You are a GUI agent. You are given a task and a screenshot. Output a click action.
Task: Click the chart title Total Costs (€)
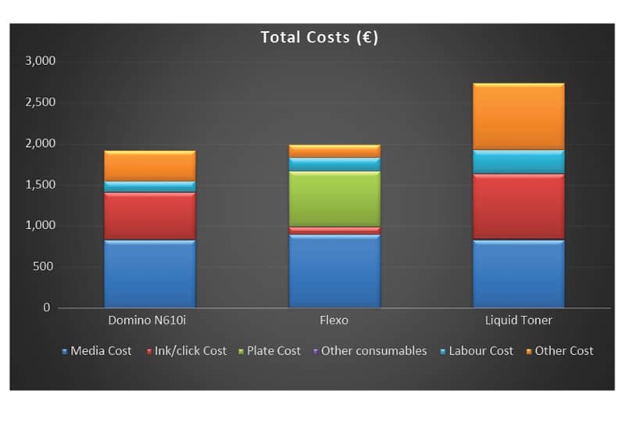[x=319, y=38]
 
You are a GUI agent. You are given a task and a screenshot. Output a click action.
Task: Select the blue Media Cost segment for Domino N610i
[x=149, y=274]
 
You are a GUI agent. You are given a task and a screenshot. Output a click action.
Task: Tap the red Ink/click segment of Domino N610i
[x=149, y=216]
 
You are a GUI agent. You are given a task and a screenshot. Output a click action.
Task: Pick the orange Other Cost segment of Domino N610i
[x=149, y=166]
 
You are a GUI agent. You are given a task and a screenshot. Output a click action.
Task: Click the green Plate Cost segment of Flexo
[x=334, y=199]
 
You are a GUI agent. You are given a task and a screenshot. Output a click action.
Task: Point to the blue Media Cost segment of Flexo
[x=334, y=271]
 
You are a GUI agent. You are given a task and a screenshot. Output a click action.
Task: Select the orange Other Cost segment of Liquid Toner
[x=518, y=116]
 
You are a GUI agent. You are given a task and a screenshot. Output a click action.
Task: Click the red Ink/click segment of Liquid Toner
[x=518, y=206]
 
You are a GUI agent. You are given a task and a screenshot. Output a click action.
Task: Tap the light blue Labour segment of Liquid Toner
[x=518, y=162]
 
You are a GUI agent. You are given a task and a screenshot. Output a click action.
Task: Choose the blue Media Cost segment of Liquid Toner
[x=518, y=274]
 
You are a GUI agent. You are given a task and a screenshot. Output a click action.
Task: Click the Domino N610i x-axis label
[x=149, y=321]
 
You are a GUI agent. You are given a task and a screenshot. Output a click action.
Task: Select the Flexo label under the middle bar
[x=334, y=321]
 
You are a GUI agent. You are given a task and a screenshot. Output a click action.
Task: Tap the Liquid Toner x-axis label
[x=518, y=321]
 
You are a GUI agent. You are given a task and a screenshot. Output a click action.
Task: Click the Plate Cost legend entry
[x=273, y=351]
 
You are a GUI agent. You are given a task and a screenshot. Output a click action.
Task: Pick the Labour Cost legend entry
[x=481, y=351]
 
